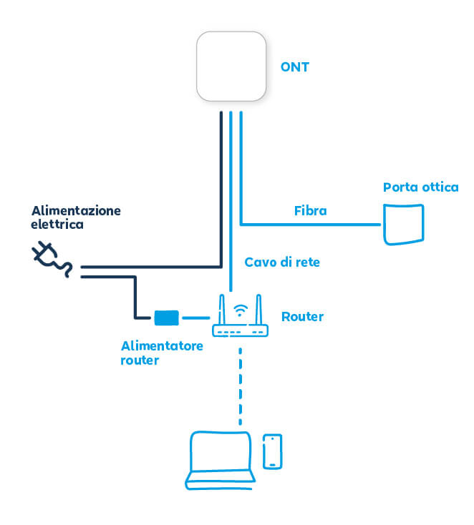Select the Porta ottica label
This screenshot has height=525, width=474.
coord(420,187)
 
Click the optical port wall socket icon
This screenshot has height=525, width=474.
coord(403,224)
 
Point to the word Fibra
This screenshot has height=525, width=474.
coord(311,211)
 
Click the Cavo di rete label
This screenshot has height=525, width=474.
coord(282,262)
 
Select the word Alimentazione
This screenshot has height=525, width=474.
coord(76,211)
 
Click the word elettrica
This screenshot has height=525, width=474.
coord(57,225)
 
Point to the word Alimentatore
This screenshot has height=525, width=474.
coord(162,346)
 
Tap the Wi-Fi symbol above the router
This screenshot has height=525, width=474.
coord(241,310)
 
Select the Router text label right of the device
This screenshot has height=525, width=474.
coord(302,316)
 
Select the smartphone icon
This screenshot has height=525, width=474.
coord(272,451)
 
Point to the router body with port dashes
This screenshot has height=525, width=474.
coord(241,330)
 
